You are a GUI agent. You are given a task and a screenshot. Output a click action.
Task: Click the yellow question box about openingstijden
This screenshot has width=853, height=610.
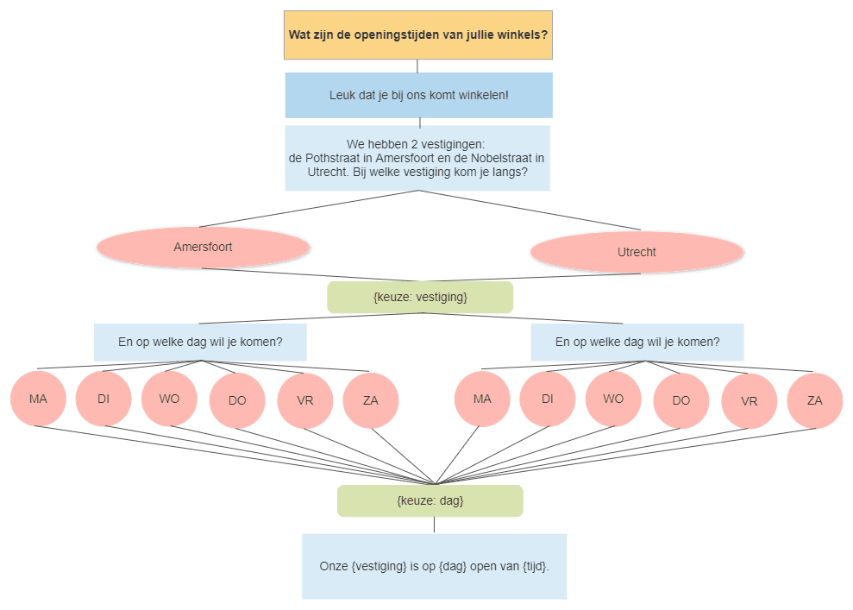(x=417, y=35)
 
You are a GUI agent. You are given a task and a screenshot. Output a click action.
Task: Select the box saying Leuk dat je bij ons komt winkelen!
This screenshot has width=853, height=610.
(x=419, y=95)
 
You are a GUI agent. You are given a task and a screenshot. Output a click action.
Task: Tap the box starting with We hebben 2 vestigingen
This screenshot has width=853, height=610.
(x=417, y=159)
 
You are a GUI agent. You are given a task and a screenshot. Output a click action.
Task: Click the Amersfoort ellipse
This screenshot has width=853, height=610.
(x=203, y=247)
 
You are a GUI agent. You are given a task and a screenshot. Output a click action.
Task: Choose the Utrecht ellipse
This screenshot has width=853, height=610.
(x=637, y=252)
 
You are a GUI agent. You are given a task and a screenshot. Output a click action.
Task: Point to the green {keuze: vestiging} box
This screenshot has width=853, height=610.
(x=420, y=297)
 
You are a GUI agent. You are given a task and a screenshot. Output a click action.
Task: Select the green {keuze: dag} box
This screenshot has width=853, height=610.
(x=430, y=500)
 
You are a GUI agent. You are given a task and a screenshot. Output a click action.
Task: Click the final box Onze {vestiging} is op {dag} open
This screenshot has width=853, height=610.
(x=434, y=567)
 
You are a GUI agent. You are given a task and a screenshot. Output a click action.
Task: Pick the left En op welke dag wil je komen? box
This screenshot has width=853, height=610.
(x=200, y=343)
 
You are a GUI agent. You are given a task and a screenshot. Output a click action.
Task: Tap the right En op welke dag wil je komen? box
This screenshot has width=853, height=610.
(x=637, y=343)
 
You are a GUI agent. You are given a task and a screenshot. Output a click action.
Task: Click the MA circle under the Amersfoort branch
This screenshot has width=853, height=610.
(x=38, y=399)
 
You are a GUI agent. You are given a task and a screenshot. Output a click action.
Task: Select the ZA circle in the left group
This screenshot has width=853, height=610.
(x=371, y=400)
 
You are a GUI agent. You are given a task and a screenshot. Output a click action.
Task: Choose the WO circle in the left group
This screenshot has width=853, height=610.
(x=169, y=399)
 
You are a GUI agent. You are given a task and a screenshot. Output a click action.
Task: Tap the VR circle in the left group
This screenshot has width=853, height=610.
(x=304, y=400)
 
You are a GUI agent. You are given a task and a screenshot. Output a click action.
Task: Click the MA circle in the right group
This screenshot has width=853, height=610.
(x=482, y=399)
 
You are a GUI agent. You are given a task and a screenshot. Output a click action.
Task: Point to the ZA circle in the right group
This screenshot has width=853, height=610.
(x=814, y=400)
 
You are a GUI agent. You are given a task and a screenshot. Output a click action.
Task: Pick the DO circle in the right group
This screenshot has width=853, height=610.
(x=681, y=400)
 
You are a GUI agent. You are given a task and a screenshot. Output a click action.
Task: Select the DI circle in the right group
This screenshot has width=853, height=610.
(x=548, y=399)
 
